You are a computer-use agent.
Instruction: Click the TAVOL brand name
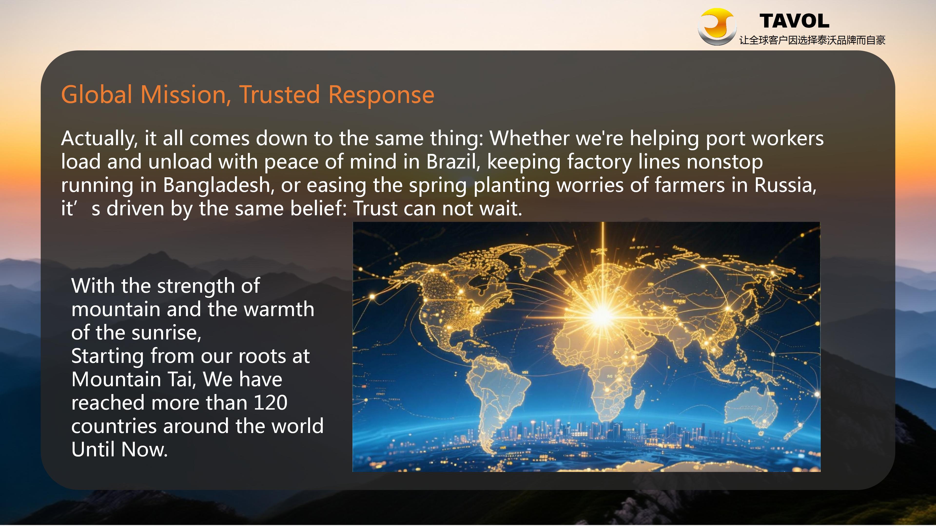click(794, 21)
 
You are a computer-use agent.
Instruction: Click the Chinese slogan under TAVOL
click(812, 40)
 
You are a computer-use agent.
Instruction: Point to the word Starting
click(107, 357)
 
